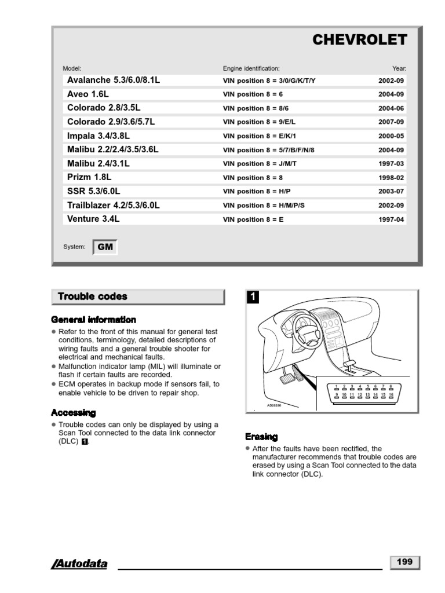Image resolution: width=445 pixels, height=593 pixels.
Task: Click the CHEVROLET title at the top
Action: click(359, 39)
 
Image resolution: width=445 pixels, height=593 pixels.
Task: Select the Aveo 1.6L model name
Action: click(88, 94)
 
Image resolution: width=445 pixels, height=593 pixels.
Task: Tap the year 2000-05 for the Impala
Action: click(391, 136)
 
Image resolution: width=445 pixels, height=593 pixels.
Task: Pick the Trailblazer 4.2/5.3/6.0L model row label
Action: click(114, 205)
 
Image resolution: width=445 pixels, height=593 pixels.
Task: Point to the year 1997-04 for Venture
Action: click(391, 219)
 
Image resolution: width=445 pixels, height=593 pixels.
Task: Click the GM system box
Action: click(105, 247)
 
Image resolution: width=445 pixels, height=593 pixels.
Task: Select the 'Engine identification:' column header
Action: click(251, 68)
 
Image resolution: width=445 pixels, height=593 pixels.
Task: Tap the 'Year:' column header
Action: click(399, 68)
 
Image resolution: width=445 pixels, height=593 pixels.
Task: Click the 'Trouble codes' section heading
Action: click(93, 296)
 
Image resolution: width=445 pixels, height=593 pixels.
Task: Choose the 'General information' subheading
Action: click(94, 320)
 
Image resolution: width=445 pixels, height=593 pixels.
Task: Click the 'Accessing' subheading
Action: click(74, 413)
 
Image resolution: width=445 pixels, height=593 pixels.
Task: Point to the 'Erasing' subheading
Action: click(261, 437)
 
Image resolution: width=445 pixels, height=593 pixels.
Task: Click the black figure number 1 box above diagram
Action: click(252, 298)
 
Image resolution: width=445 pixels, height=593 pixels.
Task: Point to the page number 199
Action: click(404, 562)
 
